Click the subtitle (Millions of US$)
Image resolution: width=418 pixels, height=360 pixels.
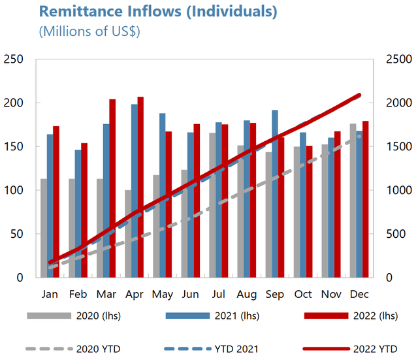(89, 31)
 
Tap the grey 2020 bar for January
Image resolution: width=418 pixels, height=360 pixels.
(44, 228)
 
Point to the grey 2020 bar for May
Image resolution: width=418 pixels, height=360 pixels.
(156, 226)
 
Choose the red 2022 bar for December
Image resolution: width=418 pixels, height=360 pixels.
(365, 199)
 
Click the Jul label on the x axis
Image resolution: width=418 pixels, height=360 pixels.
(218, 294)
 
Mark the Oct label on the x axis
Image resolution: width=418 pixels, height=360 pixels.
(304, 294)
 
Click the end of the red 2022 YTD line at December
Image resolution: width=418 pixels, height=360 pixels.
(359, 95)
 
